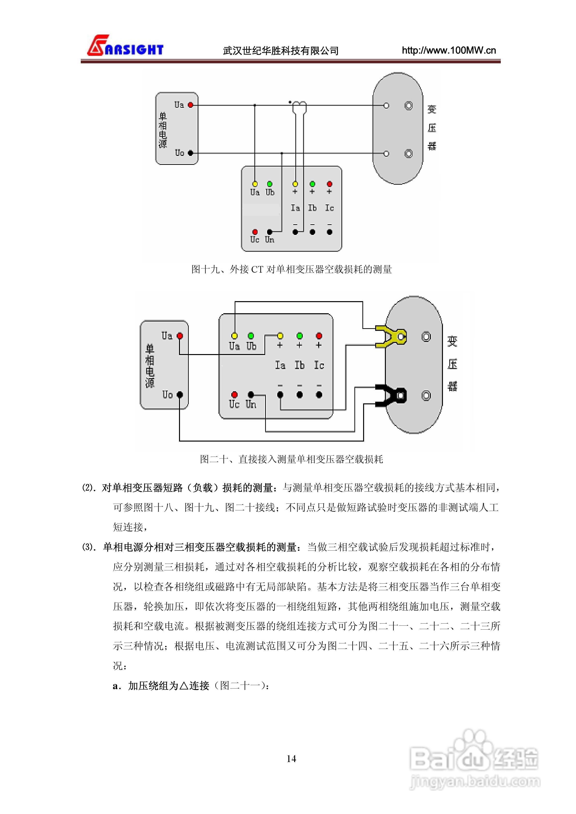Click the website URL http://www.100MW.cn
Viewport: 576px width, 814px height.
click(x=449, y=50)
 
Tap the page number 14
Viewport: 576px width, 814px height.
click(x=291, y=758)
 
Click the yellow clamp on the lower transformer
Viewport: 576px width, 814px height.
click(x=390, y=336)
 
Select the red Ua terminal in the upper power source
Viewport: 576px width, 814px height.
click(x=191, y=105)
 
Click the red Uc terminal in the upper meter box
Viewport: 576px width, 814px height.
click(x=255, y=232)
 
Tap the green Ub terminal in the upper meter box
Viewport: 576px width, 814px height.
click(x=270, y=184)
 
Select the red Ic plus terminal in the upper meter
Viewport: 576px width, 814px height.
click(x=329, y=184)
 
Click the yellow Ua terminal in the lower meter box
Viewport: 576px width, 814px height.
click(x=234, y=335)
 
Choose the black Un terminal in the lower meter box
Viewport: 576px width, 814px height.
click(x=251, y=394)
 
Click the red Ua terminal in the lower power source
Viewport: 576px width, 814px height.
click(x=180, y=335)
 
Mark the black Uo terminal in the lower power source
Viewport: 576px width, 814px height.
click(x=180, y=394)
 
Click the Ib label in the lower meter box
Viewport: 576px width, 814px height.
click(x=299, y=365)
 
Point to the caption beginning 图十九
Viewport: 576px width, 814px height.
click(x=291, y=269)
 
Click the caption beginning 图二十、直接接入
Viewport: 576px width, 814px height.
click(x=291, y=459)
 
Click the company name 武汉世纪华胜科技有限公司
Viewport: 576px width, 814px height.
click(x=280, y=51)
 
